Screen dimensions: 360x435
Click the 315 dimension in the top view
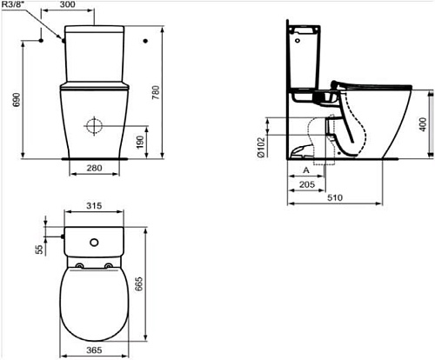tap(95, 208)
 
